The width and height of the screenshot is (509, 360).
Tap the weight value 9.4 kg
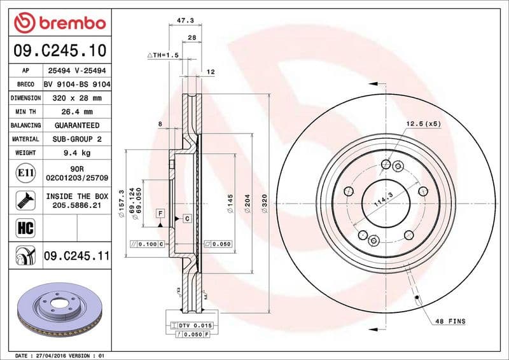click(77, 153)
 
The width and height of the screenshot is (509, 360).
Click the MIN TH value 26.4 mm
click(77, 111)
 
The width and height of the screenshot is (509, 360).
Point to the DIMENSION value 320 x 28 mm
click(77, 98)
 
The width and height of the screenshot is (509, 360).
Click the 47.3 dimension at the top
click(185, 20)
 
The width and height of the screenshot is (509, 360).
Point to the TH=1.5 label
click(163, 56)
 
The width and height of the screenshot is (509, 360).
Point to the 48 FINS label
click(450, 321)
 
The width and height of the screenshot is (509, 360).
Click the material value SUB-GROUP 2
click(77, 139)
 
